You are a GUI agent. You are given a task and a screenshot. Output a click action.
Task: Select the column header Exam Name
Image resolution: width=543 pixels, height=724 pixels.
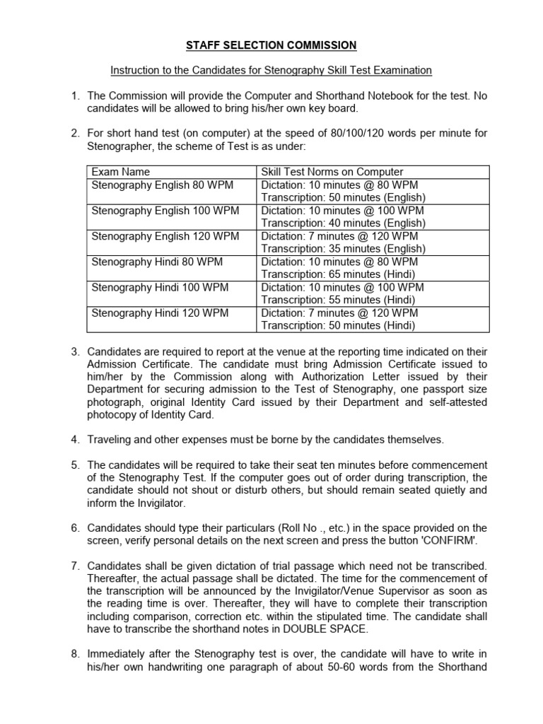pyautogui.click(x=121, y=172)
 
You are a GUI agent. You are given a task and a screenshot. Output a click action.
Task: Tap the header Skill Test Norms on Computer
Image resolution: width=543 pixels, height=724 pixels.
pyautogui.click(x=332, y=172)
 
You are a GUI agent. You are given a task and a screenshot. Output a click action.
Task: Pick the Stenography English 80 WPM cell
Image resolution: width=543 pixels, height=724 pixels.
pyautogui.click(x=162, y=185)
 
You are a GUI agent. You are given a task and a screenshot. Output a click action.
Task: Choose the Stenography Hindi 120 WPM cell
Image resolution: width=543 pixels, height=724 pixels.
pyautogui.click(x=156, y=313)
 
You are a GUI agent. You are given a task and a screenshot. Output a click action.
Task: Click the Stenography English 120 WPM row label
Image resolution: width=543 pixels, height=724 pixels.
pyautogui.click(x=165, y=236)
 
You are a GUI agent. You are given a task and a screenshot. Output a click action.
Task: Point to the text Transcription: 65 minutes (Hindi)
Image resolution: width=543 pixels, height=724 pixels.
pyautogui.click(x=338, y=274)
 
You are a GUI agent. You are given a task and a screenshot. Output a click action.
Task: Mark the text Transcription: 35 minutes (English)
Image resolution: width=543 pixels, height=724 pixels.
pyautogui.click(x=343, y=249)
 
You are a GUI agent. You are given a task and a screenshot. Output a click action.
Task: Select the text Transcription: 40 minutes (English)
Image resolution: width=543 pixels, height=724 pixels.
pyautogui.click(x=343, y=223)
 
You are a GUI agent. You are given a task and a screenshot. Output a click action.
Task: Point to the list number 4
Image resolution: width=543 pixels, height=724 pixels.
pyautogui.click(x=74, y=440)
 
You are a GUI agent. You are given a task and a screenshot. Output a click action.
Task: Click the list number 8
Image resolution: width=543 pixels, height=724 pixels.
pyautogui.click(x=74, y=655)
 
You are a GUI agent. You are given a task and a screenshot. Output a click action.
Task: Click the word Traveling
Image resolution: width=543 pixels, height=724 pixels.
pyautogui.click(x=109, y=440)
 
